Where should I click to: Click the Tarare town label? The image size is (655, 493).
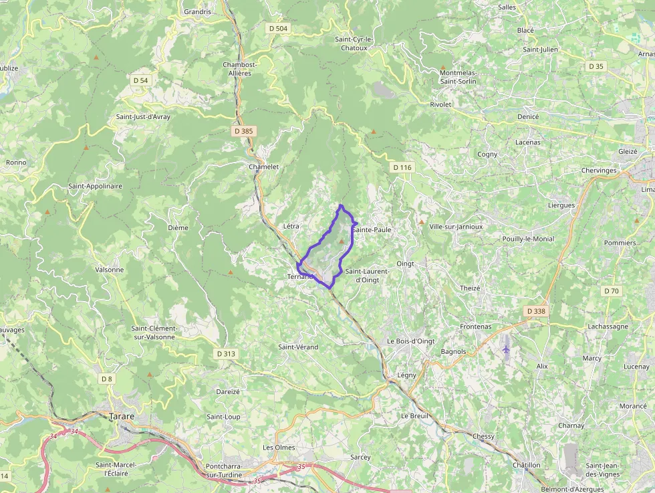click(x=122, y=416)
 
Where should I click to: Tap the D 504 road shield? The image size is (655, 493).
click(x=278, y=28)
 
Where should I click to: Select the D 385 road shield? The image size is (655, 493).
click(x=244, y=131)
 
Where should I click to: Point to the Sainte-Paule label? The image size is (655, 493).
click(x=371, y=229)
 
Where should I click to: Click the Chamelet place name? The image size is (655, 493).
click(x=263, y=167)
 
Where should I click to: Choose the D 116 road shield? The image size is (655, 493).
click(x=402, y=167)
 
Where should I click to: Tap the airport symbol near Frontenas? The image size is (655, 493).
click(x=506, y=349)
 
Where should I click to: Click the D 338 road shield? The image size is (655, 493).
click(x=536, y=311)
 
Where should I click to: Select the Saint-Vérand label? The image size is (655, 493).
click(x=298, y=347)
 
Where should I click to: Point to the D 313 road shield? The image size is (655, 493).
click(x=227, y=353)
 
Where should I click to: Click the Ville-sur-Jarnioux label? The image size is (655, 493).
click(x=456, y=227)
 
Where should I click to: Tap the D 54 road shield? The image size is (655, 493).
click(x=140, y=80)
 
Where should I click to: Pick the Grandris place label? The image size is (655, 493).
click(x=197, y=11)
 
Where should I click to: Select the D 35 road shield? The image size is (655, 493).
click(x=596, y=66)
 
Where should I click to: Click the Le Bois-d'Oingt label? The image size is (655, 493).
click(x=411, y=341)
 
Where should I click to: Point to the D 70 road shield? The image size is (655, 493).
click(x=611, y=291)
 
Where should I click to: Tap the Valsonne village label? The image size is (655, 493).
click(x=110, y=270)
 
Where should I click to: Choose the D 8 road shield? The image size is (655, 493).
click(x=106, y=379)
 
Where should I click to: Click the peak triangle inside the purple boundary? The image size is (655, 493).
click(x=343, y=239)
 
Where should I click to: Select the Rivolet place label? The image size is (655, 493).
click(x=440, y=104)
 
